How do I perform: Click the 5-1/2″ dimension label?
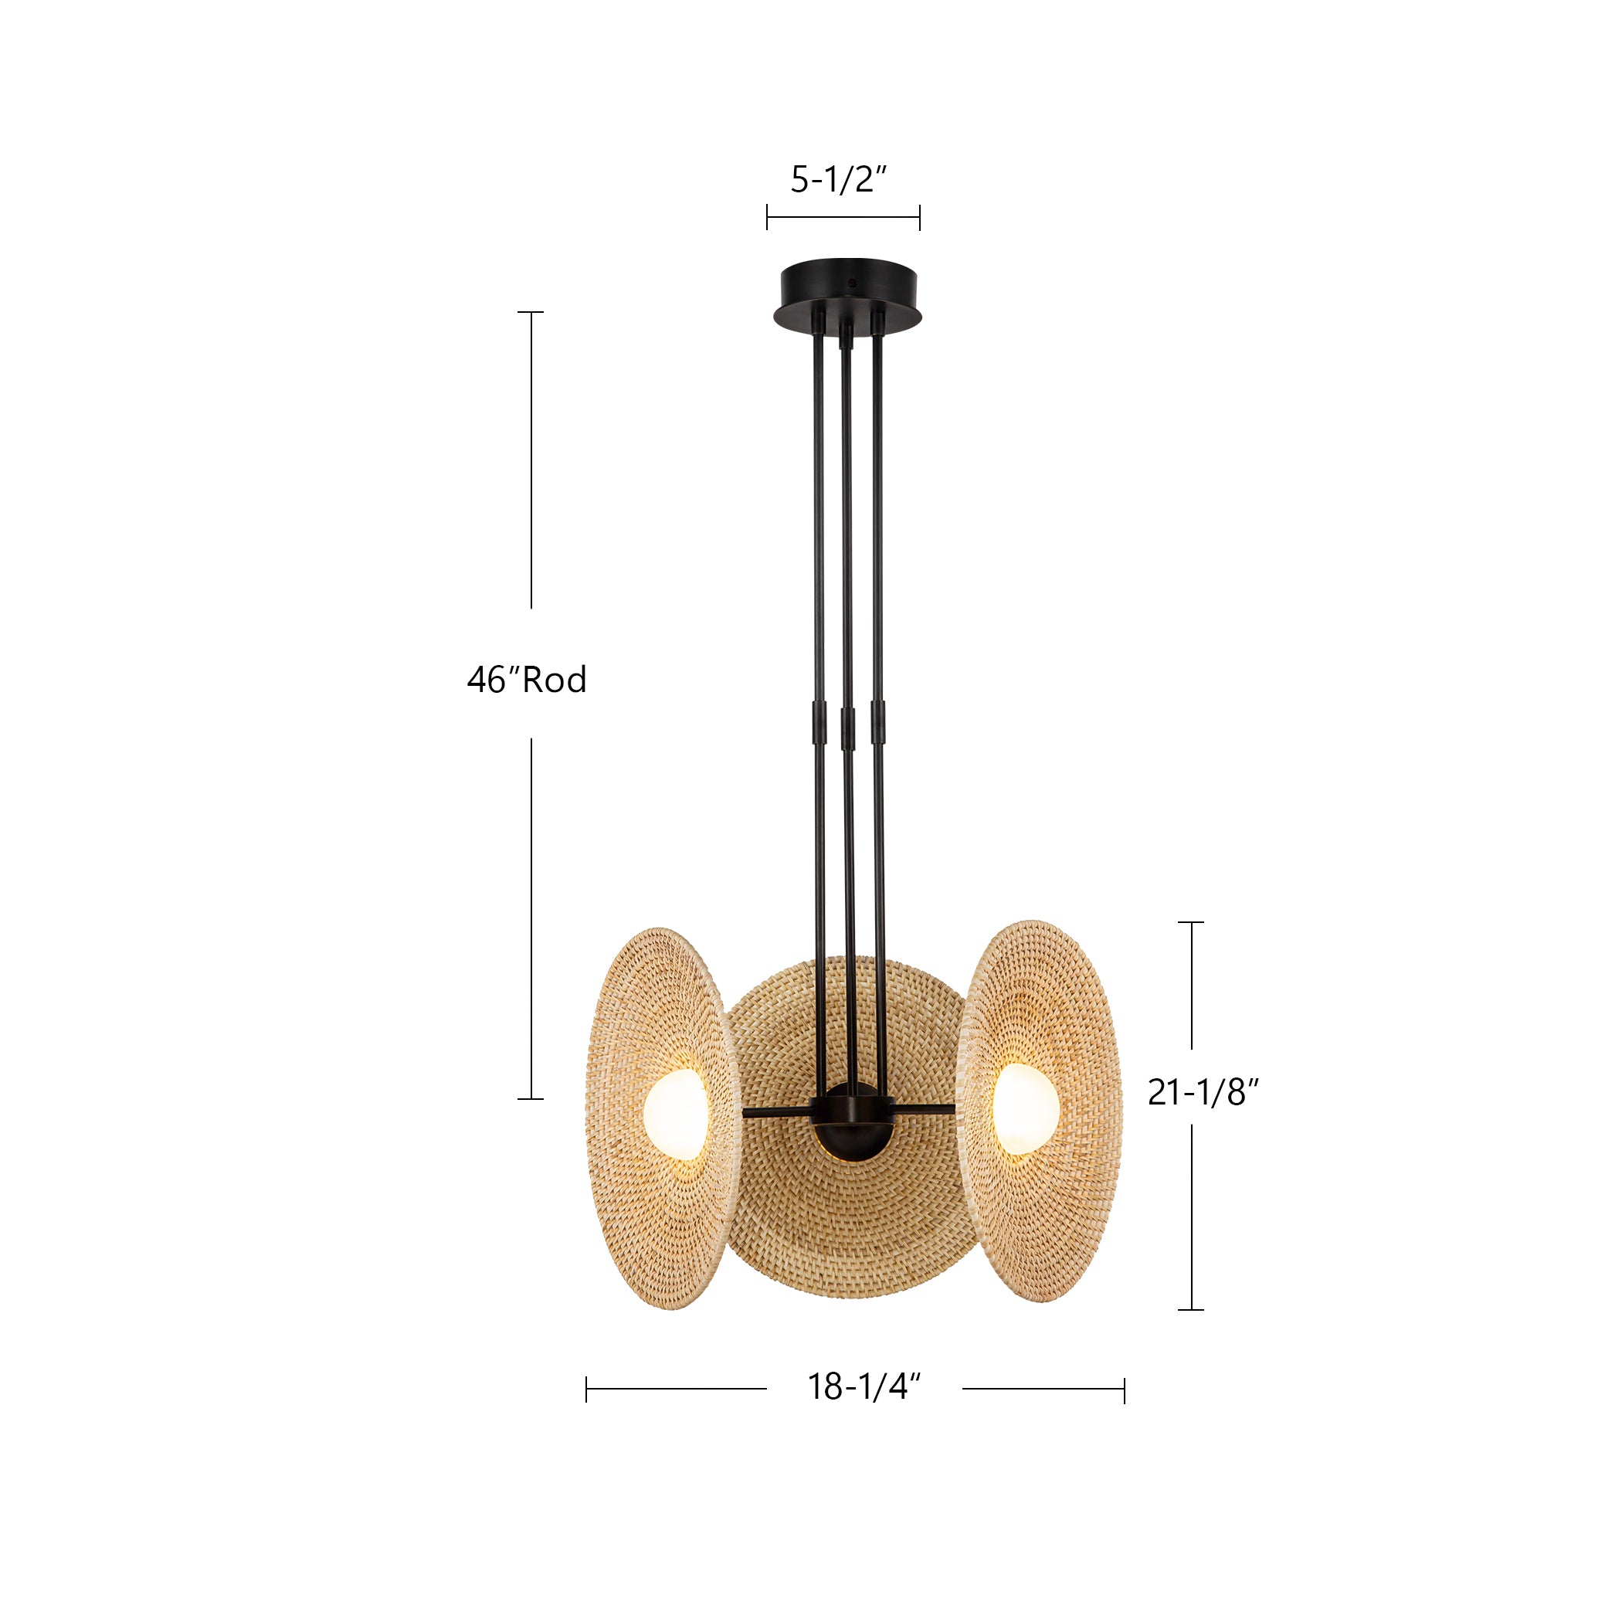839,180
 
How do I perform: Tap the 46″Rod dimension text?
527,679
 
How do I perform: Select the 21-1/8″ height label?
1203,1091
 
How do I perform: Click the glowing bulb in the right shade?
1025,1109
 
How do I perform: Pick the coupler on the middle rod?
847,727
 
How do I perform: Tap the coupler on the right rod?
877,722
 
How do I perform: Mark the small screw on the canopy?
853,282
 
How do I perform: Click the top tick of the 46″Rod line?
531,312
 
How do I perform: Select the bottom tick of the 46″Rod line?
531,1099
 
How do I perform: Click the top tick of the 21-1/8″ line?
1191,921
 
